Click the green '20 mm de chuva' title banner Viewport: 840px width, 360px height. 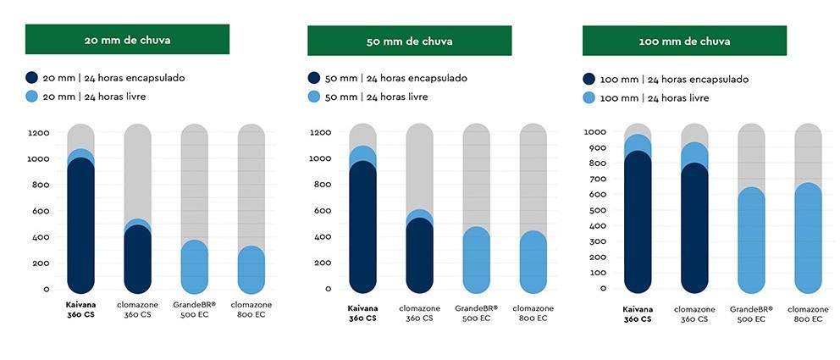tap(127, 40)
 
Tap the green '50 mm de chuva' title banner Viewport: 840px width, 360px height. tap(409, 41)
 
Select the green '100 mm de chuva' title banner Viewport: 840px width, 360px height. tap(684, 41)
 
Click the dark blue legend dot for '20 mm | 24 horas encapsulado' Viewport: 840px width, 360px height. tap(32, 78)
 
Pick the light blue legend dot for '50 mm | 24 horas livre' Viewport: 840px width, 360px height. tap(314, 97)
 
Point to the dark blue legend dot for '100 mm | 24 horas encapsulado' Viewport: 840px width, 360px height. tap(589, 79)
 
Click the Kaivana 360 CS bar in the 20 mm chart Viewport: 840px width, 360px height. tap(80, 220)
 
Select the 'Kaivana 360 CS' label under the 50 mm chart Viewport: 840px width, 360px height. tap(362, 313)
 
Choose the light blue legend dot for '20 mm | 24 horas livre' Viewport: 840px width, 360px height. tap(32, 97)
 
